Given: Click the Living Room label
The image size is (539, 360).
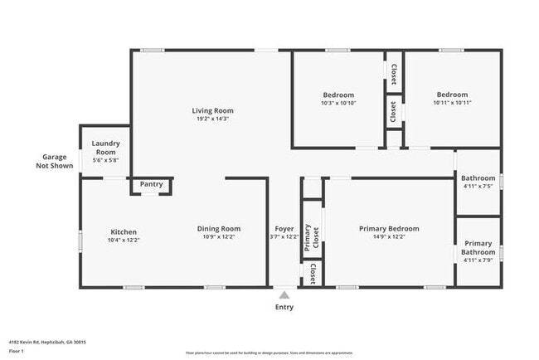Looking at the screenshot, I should pyautogui.click(x=212, y=110).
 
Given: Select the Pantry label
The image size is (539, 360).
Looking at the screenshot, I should pyautogui.click(x=151, y=184).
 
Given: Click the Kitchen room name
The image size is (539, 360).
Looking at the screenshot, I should pyautogui.click(x=124, y=231).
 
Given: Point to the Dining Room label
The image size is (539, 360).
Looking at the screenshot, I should pyautogui.click(x=218, y=229).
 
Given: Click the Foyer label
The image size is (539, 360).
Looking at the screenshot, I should pyautogui.click(x=284, y=229).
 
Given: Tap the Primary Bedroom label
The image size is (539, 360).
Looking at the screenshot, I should pyautogui.click(x=388, y=229).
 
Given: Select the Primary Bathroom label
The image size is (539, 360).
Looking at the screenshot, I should pyautogui.click(x=478, y=247).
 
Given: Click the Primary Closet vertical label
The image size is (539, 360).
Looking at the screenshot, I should pyautogui.click(x=307, y=236).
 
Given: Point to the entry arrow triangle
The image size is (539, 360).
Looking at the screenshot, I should pyautogui.click(x=284, y=294).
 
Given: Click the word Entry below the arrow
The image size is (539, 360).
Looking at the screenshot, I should pyautogui.click(x=284, y=307).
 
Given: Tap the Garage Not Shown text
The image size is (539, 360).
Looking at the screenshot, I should pyautogui.click(x=55, y=161).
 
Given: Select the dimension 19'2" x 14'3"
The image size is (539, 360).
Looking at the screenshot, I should pyautogui.click(x=212, y=119).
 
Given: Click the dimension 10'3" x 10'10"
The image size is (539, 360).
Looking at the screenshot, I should pyautogui.click(x=337, y=103).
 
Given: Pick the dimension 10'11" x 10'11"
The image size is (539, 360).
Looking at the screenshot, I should pyautogui.click(x=452, y=103).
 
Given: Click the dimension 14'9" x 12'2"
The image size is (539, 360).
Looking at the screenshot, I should pyautogui.click(x=388, y=238).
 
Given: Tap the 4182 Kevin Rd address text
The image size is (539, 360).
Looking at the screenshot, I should pyautogui.click(x=47, y=341).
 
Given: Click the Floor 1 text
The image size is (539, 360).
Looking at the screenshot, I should pyautogui.click(x=17, y=351).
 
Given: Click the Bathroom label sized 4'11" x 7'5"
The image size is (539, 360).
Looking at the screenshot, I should pyautogui.click(x=478, y=178).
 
